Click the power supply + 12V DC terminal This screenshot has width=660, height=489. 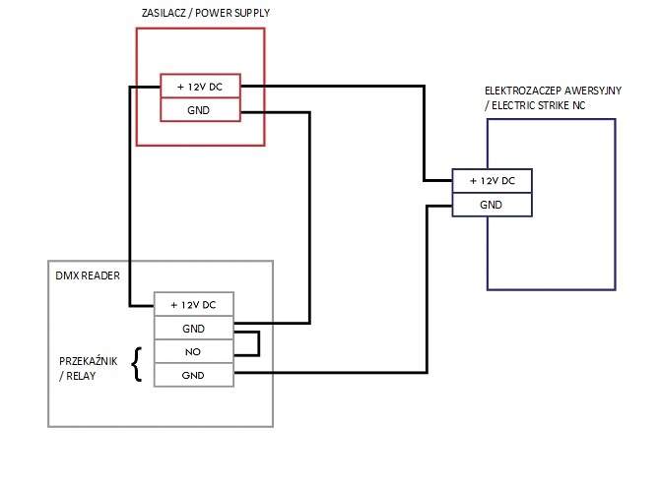[x=200, y=87]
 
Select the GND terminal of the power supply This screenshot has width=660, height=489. [x=200, y=110]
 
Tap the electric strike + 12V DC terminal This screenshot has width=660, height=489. [x=493, y=181]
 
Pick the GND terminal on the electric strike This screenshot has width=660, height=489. [x=493, y=205]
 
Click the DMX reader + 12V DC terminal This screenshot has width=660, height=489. [x=194, y=304]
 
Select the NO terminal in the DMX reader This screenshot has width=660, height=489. [x=194, y=351]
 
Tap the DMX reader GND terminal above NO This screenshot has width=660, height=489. [x=194, y=328]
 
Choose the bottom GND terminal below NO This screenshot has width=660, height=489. [x=194, y=375]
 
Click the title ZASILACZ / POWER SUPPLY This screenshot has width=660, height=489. [x=206, y=13]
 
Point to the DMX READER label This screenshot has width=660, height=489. [x=88, y=275]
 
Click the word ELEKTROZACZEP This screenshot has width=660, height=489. [x=523, y=91]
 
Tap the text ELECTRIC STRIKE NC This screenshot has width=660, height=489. [x=539, y=105]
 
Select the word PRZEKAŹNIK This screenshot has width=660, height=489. [x=89, y=361]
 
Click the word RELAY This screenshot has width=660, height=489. [x=81, y=376]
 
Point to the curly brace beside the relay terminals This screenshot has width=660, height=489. [x=137, y=364]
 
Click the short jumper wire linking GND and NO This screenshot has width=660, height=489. [x=258, y=343]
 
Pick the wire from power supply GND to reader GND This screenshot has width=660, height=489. [x=309, y=218]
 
